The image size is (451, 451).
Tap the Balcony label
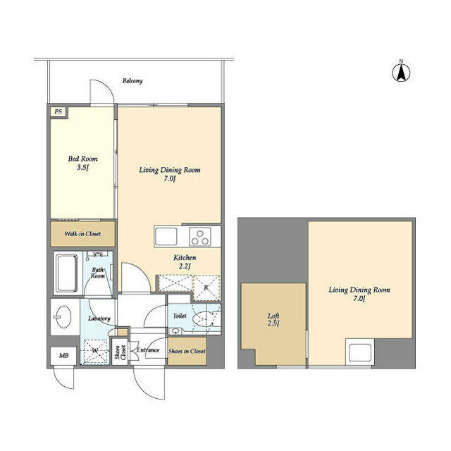[x=132, y=81]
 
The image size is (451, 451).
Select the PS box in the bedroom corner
[x=58, y=111]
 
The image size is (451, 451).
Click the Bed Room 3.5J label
[x=82, y=163]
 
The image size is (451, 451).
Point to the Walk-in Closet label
[x=82, y=233]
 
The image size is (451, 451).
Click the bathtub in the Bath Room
[x=67, y=273]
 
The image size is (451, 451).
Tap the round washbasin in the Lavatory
[x=63, y=316]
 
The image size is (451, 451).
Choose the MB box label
[x=64, y=356]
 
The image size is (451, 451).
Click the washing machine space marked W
[x=94, y=352]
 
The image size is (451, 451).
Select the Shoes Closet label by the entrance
[x=121, y=352]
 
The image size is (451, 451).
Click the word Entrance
[x=148, y=350]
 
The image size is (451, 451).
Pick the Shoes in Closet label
[x=187, y=351]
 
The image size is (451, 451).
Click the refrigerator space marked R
[x=206, y=288]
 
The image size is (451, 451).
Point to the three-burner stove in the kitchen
[x=200, y=237]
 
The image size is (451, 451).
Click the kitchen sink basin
[x=166, y=237]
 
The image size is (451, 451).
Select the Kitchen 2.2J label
[x=185, y=261]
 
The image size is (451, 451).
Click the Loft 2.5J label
[x=273, y=319]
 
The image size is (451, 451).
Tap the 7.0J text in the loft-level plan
[x=359, y=298]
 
